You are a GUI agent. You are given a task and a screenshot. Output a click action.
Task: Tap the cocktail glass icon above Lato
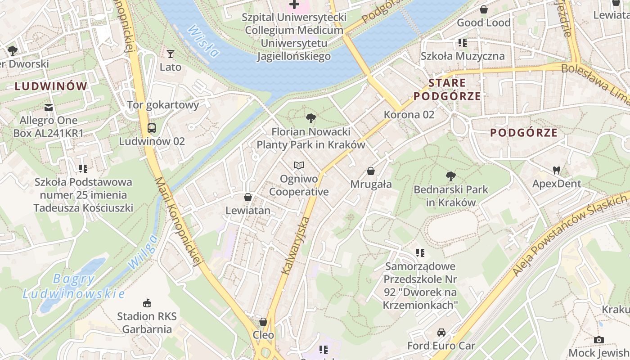coord(171,54)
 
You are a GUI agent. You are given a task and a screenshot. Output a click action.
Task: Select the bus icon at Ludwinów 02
coord(152,128)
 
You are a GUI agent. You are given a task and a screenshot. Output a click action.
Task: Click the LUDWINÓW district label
coord(50,86)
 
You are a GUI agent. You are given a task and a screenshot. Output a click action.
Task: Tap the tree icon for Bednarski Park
coord(450,176)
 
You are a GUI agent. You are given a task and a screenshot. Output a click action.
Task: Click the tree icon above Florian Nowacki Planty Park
coord(310,119)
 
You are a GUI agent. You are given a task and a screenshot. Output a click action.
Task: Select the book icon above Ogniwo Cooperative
coord(299,166)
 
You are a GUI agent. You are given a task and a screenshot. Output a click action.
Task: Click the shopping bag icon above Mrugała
coord(371,171)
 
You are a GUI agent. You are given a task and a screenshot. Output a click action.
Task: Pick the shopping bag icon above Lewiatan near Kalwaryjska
coord(247,197)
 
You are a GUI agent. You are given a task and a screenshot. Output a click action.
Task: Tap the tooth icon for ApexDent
coord(557,171)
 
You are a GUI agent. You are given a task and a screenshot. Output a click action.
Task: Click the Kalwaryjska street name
coord(295,246)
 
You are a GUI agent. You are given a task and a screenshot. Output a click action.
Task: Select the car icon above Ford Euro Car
coord(441,333)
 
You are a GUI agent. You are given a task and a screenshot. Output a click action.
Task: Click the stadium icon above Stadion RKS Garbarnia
coord(147,303)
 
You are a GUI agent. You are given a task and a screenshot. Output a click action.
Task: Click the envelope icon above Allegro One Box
coord(49,108)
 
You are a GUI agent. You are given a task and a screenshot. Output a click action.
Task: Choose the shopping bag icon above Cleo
coord(263,322)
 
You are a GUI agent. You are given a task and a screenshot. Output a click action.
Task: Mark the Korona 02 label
coord(409,115)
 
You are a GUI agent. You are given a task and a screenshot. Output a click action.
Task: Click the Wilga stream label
coord(143,252)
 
